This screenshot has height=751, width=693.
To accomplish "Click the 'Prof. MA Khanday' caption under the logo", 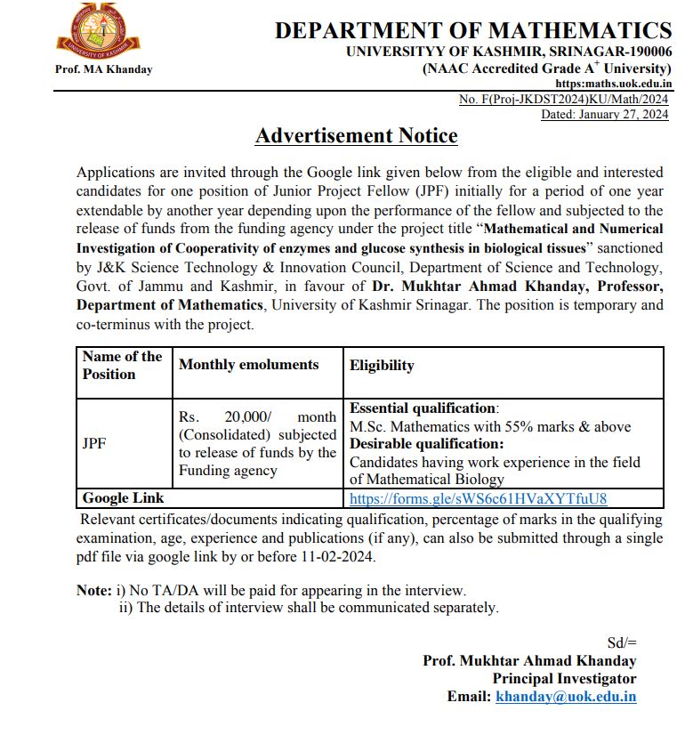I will pos(104,69).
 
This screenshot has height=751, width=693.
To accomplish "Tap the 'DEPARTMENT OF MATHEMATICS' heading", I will pos(472,30).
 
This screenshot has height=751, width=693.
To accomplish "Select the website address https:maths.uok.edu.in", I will pos(613,84).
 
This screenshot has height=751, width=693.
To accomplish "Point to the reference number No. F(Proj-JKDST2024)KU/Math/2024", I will pos(563,100).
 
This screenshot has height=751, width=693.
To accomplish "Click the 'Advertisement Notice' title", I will pos(356,136).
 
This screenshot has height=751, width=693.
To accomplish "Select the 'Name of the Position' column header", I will pos(122,366).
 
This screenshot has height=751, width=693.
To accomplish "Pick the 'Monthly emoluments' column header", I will pos(248,365).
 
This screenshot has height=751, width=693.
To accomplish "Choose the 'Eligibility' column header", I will pos(382,366).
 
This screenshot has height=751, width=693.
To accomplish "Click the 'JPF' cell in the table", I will pos(93,443).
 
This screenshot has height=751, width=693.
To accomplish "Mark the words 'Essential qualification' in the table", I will pos(423,408).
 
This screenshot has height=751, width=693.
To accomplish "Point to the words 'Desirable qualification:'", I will pos(426,444).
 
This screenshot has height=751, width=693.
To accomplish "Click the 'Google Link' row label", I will pos(123,498).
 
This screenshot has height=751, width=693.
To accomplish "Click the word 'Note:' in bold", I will pos(93,590).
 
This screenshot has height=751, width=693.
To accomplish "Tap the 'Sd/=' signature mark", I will pos(622,642).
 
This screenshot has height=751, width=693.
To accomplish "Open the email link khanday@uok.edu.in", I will pos(566,697).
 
